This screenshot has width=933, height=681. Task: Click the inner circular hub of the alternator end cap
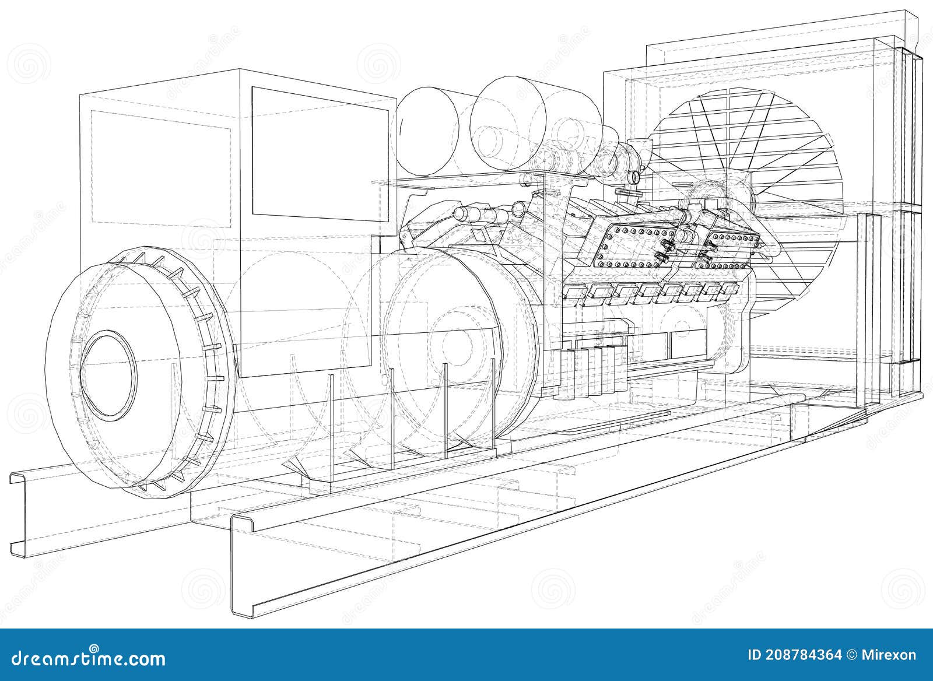108,374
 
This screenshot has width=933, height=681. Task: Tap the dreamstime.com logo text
85,659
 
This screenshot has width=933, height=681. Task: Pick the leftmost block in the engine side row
574,294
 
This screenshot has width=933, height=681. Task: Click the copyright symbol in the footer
854,655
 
